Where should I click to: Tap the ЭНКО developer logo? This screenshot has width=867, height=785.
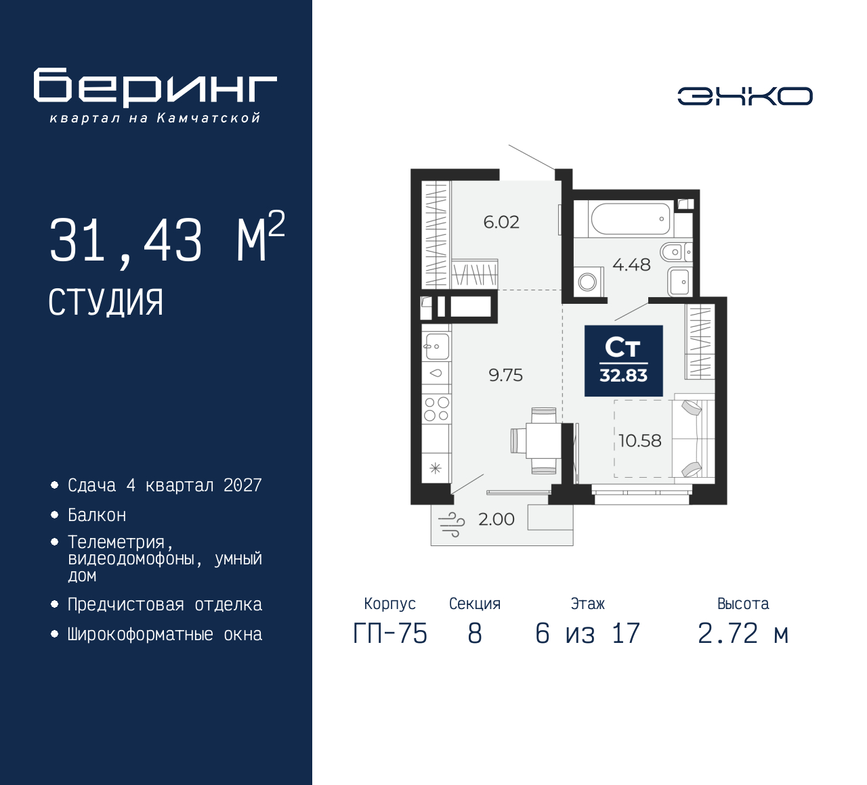744,96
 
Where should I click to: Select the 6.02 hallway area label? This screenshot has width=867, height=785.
501,222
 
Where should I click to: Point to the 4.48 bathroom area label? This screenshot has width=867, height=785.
631,265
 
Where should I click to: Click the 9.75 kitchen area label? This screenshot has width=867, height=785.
506,375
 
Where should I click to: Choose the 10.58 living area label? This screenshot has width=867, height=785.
639,441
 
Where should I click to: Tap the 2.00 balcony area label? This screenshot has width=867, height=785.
496,519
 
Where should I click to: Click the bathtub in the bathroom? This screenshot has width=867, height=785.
630,219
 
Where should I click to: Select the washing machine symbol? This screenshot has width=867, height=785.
588,282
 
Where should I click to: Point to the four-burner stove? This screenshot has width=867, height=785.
436,409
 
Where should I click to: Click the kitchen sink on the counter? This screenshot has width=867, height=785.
437,346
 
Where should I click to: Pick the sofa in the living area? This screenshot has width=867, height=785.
693,439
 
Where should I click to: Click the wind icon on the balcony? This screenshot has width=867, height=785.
452,524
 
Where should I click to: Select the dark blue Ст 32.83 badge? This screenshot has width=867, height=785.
623,361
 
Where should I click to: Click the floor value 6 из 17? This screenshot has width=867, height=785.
587,634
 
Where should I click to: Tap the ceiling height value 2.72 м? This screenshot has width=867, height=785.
743,634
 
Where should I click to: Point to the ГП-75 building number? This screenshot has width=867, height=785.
390,634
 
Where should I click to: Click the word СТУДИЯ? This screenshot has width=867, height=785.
106,302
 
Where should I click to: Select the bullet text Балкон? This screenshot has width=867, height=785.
97,515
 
